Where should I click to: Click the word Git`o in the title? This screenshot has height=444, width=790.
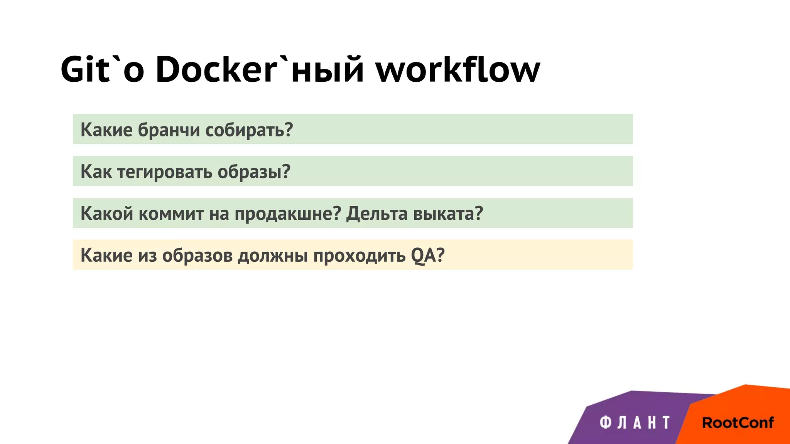(x=102, y=70)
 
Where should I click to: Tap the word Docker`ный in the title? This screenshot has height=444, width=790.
(x=259, y=70)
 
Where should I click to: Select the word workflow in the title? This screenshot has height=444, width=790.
(x=458, y=70)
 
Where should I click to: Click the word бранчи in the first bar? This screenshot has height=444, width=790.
(x=169, y=130)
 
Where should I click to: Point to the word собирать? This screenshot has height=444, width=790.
(x=249, y=130)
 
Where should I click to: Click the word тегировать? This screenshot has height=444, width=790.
(x=165, y=172)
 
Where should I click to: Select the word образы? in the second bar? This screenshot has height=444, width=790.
(x=254, y=172)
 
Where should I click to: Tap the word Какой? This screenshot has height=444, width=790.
(x=107, y=214)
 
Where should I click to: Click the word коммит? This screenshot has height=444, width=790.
(x=171, y=214)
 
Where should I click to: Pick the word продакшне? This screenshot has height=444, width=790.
(x=288, y=214)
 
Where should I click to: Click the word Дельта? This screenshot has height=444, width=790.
(x=376, y=214)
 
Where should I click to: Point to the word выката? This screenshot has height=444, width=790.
(x=448, y=214)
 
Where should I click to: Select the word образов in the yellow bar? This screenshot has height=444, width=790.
(x=197, y=256)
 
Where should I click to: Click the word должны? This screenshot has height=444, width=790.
(x=272, y=256)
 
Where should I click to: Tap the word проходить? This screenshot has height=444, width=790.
(x=359, y=256)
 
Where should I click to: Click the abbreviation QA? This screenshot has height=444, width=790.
(x=428, y=256)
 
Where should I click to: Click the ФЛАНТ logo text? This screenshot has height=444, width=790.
(x=635, y=423)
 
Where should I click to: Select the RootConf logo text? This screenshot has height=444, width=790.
(x=738, y=423)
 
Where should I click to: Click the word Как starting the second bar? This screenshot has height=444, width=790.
(x=96, y=172)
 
